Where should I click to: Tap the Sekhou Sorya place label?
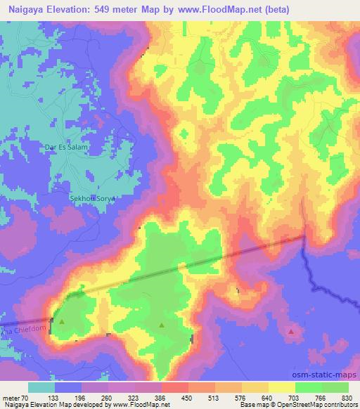coord(91,199)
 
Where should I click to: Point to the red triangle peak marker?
coord(292,330)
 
